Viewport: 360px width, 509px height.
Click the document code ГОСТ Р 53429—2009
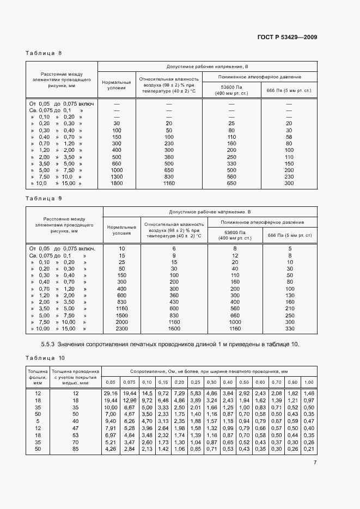(287, 37)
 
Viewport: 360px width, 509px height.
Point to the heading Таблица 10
(45, 358)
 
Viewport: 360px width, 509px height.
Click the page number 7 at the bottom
(315, 463)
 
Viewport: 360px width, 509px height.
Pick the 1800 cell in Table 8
(117, 184)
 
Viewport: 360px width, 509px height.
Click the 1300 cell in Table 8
(117, 176)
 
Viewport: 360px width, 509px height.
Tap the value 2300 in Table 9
(121, 329)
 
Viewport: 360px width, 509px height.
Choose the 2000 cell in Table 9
(121, 322)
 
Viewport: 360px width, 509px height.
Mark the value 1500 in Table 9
(121, 315)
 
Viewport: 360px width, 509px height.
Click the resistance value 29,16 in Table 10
(111, 393)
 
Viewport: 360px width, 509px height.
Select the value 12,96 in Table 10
(130, 400)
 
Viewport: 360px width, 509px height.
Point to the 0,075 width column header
(130, 382)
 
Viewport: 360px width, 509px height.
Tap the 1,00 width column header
(309, 382)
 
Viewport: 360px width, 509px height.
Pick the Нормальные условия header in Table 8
(117, 84)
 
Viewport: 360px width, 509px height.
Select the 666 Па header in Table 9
(289, 235)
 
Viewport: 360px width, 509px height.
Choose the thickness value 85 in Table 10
(76, 449)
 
